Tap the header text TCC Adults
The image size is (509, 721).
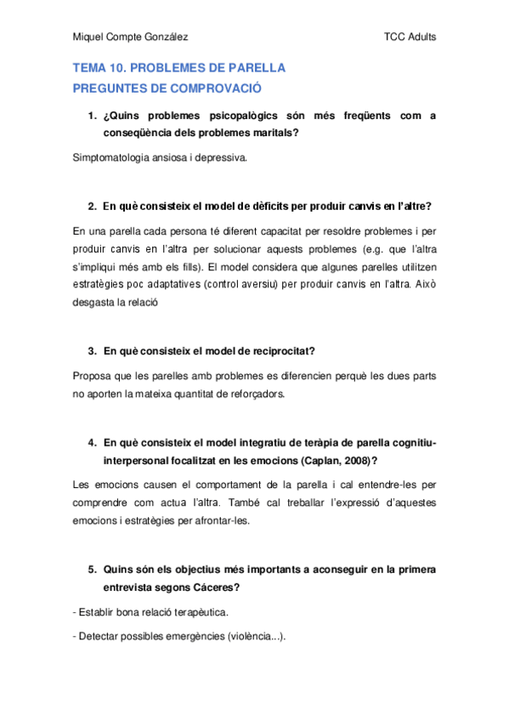click(410, 37)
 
